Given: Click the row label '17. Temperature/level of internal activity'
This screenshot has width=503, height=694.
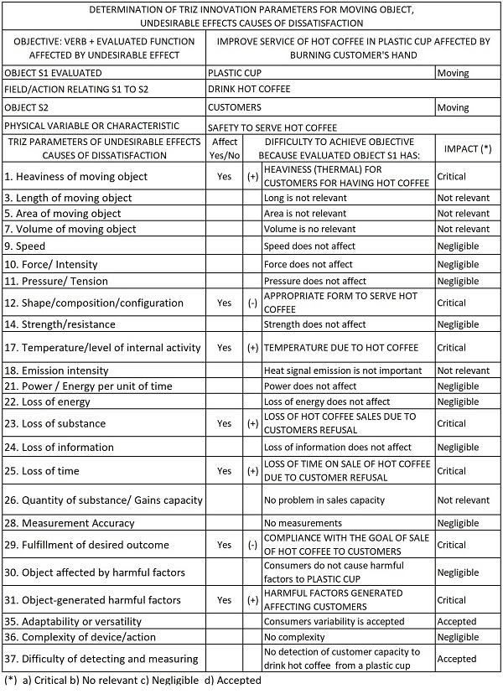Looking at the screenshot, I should [x=103, y=347].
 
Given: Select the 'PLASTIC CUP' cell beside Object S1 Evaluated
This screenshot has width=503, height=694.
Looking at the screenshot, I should [x=238, y=74].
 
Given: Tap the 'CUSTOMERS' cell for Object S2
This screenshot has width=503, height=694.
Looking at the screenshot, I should [x=235, y=107].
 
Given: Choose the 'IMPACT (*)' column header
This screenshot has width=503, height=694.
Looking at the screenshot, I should [x=467, y=148].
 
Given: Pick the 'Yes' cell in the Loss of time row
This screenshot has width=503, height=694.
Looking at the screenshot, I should [x=224, y=471].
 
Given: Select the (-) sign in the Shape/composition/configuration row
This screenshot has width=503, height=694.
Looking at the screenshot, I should [x=251, y=303].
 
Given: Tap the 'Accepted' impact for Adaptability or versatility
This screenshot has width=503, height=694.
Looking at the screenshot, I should [x=457, y=621].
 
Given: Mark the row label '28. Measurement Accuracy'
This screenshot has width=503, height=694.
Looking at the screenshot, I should [x=69, y=524].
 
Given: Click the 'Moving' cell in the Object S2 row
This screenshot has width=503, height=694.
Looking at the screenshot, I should [x=453, y=107].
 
